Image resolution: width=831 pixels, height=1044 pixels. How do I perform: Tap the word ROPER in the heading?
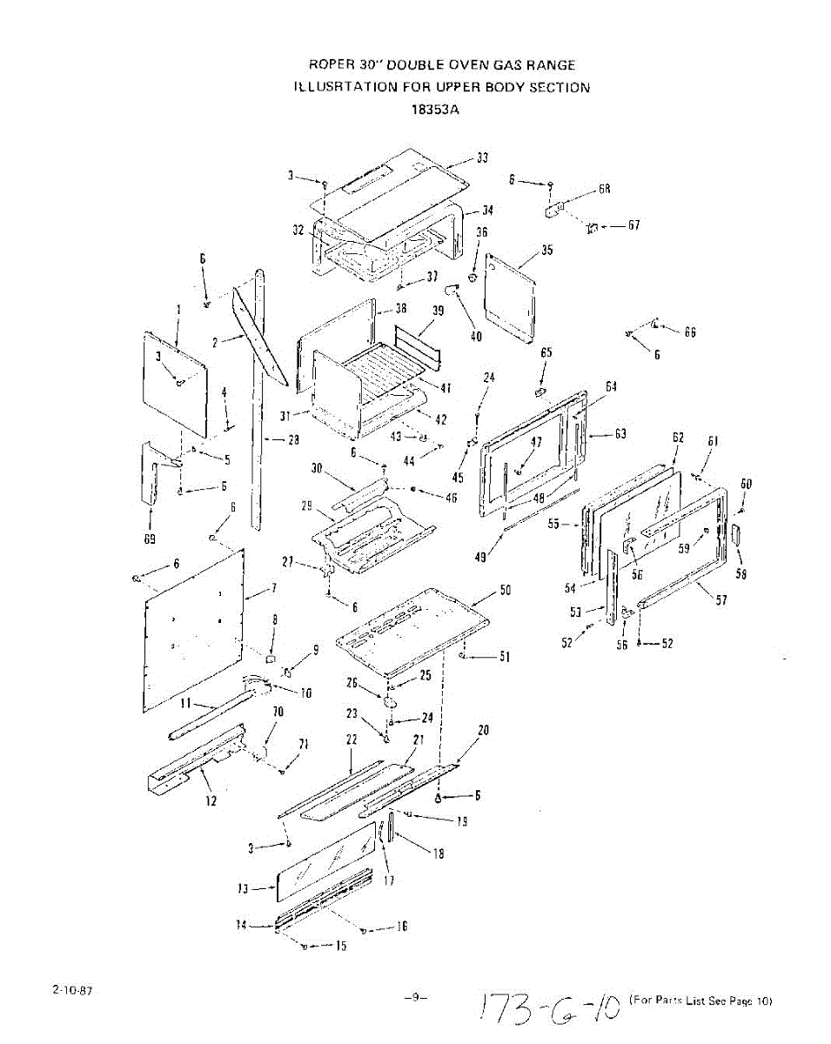click(x=329, y=65)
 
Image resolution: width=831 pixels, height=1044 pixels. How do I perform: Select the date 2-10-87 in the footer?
click(x=72, y=991)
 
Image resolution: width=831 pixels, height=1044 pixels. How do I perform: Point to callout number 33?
click(x=482, y=158)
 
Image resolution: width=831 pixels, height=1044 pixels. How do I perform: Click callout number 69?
click(x=149, y=539)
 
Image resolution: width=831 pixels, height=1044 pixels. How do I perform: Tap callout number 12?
click(x=211, y=800)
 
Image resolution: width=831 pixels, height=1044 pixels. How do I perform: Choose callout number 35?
click(x=546, y=251)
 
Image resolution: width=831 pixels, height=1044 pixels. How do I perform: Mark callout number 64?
click(x=611, y=386)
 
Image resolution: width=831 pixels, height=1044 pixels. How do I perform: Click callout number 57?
click(x=720, y=599)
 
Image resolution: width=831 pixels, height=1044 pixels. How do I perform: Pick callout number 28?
click(x=293, y=440)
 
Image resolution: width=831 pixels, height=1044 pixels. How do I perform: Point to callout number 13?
click(x=244, y=888)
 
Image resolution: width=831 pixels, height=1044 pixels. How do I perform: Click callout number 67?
click(x=633, y=225)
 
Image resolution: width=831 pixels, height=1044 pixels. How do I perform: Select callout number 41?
click(x=446, y=388)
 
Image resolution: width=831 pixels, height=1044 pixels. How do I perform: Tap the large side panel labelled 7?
click(x=193, y=626)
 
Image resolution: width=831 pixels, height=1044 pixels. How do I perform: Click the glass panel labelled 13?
click(x=326, y=861)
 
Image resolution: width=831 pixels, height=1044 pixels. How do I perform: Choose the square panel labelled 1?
click(x=174, y=383)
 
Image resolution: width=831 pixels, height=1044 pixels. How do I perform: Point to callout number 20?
click(x=484, y=730)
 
